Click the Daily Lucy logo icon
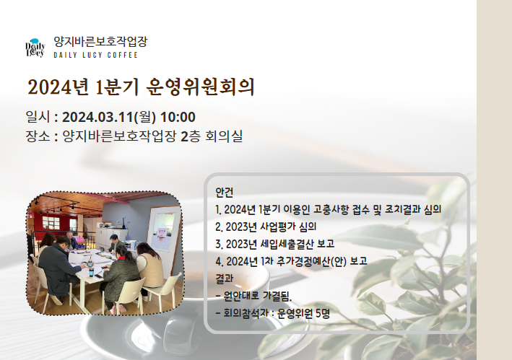pyautogui.click(x=35, y=48)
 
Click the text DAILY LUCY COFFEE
pyautogui.click(x=95, y=55)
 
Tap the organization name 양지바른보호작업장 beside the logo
pyautogui.click(x=100, y=41)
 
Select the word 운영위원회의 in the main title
pyautogui.click(x=200, y=87)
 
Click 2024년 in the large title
pyautogui.click(x=58, y=87)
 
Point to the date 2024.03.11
pyautogui.click(x=98, y=117)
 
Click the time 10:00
pyautogui.click(x=178, y=117)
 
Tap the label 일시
pyautogui.click(x=38, y=117)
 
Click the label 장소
pyautogui.click(x=38, y=136)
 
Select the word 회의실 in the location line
pyautogui.click(x=224, y=136)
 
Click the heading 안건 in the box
pyautogui.click(x=225, y=193)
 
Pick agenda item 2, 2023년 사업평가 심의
pyautogui.click(x=266, y=227)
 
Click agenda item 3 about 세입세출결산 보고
pyautogui.click(x=275, y=244)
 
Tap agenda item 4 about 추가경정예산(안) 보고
pyautogui.click(x=291, y=261)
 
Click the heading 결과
pyautogui.click(x=225, y=278)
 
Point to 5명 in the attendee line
pyautogui.click(x=323, y=313)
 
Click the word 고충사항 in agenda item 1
pyautogui.click(x=331, y=209)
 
